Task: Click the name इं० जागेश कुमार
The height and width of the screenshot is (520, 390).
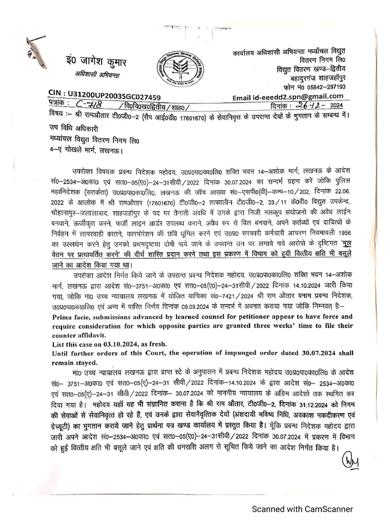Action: tap(93, 62)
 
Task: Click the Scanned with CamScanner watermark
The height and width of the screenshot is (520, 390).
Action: tap(303, 509)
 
